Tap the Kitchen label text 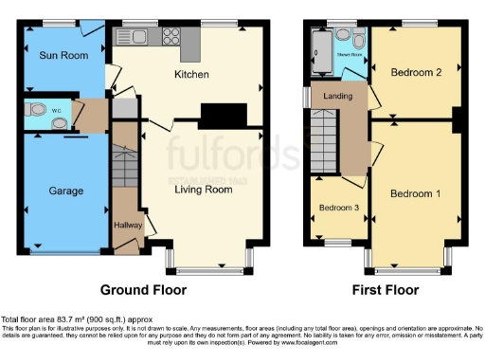[x=190, y=75]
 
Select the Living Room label [x=203, y=189]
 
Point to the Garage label [x=65, y=191]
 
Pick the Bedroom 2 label [x=413, y=72]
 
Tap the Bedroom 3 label [x=337, y=208]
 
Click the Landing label [x=338, y=96]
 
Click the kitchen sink [x=131, y=38]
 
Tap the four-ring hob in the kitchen [x=172, y=38]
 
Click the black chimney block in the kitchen [x=217, y=114]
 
